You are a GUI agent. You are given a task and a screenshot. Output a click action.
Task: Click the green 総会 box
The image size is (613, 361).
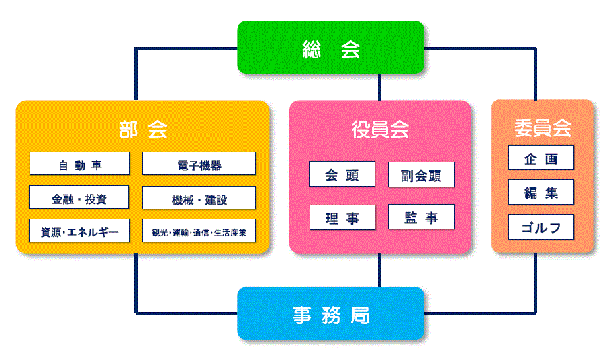tap(331, 48)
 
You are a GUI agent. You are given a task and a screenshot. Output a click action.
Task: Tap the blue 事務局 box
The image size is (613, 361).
tap(331, 313)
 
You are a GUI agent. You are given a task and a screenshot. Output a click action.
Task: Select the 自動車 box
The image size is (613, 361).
tap(79, 163)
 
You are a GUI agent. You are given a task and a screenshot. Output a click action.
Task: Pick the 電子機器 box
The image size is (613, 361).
tap(199, 163)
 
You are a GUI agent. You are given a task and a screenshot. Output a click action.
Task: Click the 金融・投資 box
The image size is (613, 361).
tap(79, 197)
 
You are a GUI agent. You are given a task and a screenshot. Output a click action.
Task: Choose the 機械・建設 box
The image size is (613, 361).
tap(199, 198)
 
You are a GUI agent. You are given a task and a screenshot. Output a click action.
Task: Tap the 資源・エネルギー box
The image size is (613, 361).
tap(79, 231)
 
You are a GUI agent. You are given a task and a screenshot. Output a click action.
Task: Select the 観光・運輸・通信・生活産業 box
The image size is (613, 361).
tap(199, 231)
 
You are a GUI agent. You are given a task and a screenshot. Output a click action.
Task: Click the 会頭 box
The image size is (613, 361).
tap(342, 174)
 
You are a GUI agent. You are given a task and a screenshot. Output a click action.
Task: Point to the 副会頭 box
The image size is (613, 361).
tap(422, 174)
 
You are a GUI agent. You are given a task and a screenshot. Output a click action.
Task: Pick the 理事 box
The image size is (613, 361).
tap(342, 217)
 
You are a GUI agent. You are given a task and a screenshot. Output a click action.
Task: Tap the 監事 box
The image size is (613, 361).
tap(422, 217)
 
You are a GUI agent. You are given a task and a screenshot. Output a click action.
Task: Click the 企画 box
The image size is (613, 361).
tap(541, 158)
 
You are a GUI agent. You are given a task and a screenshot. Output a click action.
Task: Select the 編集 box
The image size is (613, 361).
tap(541, 192)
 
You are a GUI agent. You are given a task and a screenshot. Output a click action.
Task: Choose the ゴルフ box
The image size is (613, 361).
tap(541, 227)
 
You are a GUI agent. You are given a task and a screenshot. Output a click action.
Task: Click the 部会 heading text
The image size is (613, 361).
tap(143, 130)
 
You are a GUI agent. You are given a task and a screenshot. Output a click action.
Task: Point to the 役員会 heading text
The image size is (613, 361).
tap(380, 130)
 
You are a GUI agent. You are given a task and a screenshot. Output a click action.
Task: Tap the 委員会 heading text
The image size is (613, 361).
tap(543, 127)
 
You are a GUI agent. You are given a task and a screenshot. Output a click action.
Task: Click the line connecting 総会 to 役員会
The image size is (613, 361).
tap(379, 87)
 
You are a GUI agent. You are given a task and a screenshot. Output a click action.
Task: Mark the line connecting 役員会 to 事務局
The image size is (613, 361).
tap(379, 270)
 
